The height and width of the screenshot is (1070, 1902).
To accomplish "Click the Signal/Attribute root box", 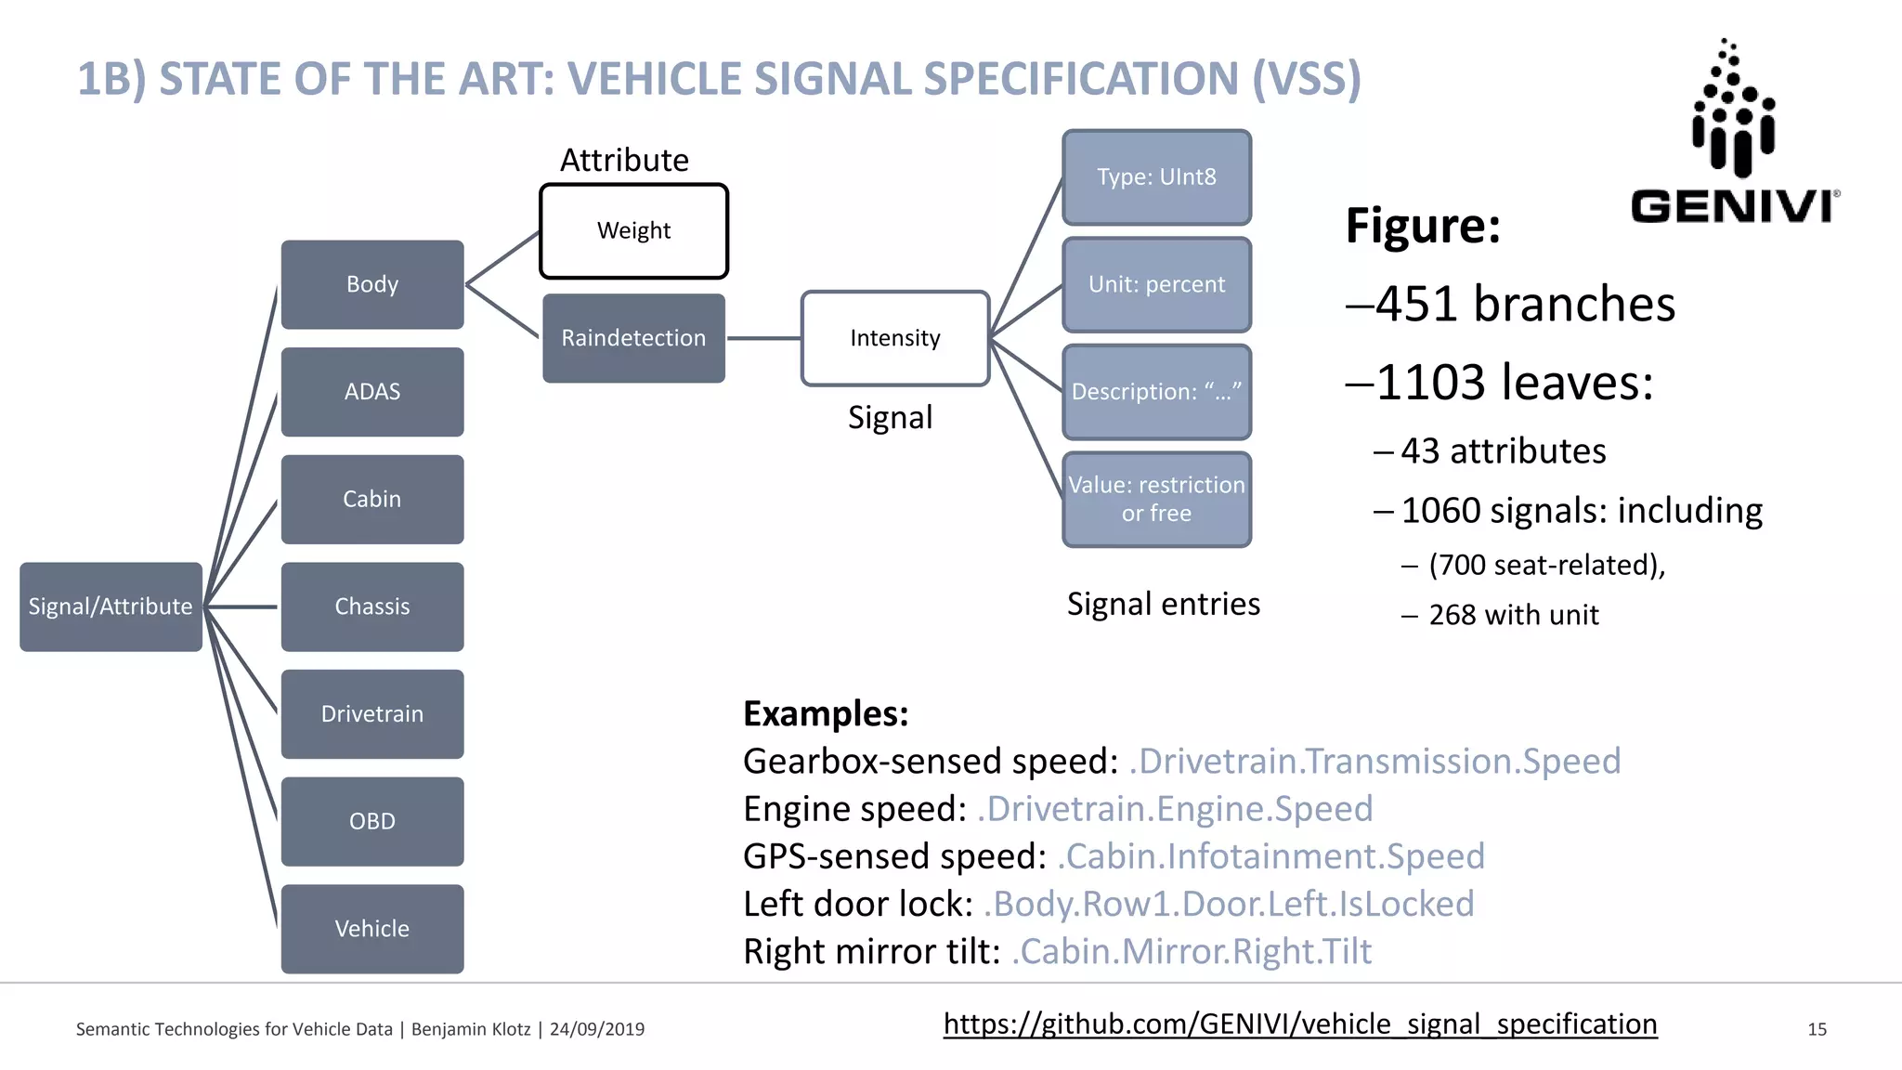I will pos(111,607).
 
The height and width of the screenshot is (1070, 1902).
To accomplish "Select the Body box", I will pos(372,284).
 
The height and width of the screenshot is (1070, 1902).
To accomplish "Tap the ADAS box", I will pos(372,392).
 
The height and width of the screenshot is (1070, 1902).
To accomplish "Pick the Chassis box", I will pos(372,607).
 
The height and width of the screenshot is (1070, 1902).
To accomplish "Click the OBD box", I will pos(372,821).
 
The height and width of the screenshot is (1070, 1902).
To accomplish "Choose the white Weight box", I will pos(633,231).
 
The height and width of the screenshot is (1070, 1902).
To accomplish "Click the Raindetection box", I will pos(633,338).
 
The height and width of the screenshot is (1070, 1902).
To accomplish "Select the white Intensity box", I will pos(895,338).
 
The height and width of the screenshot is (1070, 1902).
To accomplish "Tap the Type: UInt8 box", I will pos(1156,177).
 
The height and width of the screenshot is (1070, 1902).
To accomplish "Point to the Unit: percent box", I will pos(1156,284).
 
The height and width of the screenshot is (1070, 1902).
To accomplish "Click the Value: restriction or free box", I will pos(1156,499).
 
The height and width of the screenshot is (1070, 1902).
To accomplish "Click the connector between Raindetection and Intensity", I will pos(763,338).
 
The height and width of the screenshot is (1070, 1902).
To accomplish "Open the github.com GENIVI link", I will pos(1300,1024).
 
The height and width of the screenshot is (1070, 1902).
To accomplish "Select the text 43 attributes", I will pos(1503,451).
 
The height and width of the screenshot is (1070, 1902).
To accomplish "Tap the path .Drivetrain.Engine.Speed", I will pos(1175,809).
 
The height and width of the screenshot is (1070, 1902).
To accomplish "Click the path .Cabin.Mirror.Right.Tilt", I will pos(1192,952).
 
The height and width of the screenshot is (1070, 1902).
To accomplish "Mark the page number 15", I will pos(1817,1029).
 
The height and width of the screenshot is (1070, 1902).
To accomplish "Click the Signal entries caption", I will pos(1163,605).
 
